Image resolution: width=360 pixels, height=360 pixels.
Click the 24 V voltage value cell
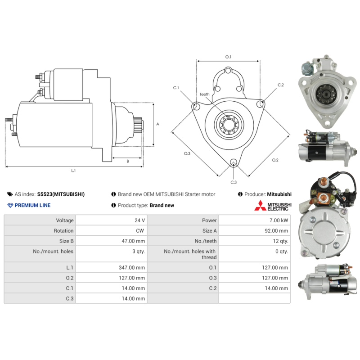tap(139, 220)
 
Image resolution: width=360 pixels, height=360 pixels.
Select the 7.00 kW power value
tap(279, 220)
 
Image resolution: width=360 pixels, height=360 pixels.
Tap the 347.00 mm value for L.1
tap(132, 267)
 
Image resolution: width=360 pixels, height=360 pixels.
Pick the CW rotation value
tap(140, 231)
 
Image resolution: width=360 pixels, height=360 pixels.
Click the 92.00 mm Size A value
tap(276, 231)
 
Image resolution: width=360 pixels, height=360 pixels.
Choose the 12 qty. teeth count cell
tap(280, 241)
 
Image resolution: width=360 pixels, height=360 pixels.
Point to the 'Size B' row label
tap(66, 241)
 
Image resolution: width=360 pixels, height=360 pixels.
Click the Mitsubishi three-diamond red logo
tap(260, 206)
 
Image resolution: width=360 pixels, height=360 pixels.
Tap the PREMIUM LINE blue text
tap(32, 205)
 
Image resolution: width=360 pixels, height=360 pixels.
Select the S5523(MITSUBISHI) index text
tap(61, 194)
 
